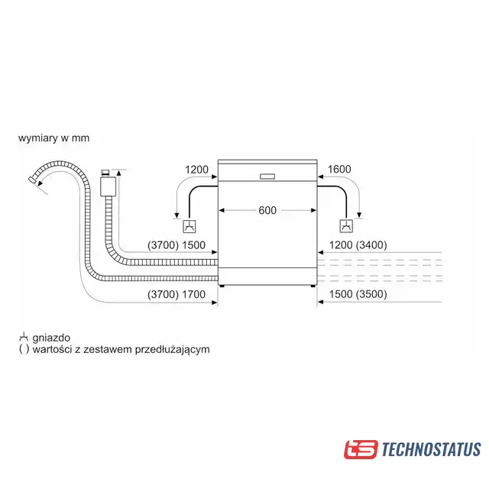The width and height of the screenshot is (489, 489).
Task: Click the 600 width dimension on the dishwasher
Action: [267, 210]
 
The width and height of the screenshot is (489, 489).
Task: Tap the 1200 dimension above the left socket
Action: [196, 169]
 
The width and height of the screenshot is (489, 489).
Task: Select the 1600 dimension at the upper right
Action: [338, 169]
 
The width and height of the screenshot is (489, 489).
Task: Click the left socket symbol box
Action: [188, 226]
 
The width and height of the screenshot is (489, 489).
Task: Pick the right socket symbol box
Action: [346, 226]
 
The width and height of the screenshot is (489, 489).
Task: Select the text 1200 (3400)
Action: [358, 245]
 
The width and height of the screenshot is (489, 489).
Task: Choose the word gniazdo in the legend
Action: [49, 336]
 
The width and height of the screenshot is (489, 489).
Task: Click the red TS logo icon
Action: [361, 449]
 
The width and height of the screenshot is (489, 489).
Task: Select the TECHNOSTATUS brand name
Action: [432, 449]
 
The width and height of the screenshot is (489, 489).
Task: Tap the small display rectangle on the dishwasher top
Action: [267, 176]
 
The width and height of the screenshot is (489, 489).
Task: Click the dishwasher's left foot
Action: [222, 286]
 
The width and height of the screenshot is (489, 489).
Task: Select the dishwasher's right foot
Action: [313, 286]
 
